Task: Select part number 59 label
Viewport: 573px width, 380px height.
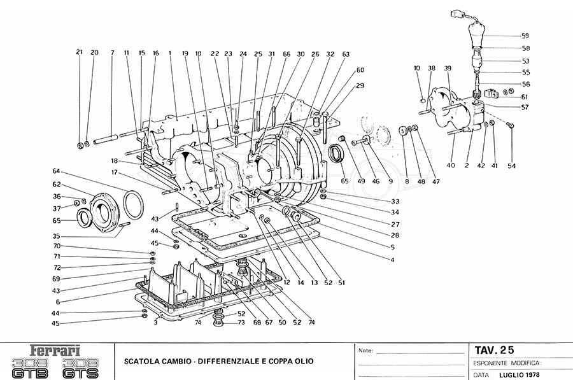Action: [x=525, y=36]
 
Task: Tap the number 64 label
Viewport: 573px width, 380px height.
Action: [x=56, y=171]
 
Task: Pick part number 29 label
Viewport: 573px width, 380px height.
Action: [x=360, y=85]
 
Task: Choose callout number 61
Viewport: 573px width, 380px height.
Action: [x=525, y=97]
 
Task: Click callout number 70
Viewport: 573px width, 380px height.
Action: [x=56, y=246]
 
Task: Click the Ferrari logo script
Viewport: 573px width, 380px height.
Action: [x=57, y=350]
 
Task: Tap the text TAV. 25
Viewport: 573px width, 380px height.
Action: [x=494, y=349]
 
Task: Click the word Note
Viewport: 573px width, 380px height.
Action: [x=365, y=351]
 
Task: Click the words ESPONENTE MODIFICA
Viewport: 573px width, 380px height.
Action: [x=507, y=362]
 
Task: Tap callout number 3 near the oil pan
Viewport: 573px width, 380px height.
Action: [x=155, y=323]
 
